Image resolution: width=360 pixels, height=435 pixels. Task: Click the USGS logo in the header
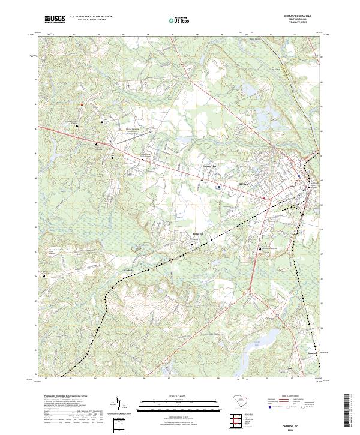point(55,19)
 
